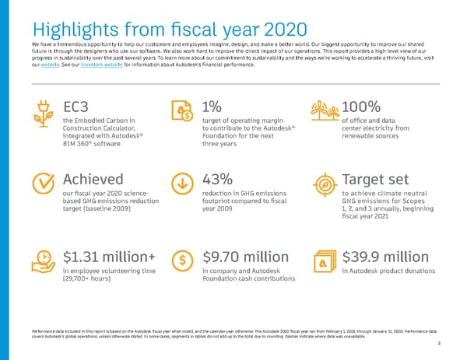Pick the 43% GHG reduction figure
coord(218,179)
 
